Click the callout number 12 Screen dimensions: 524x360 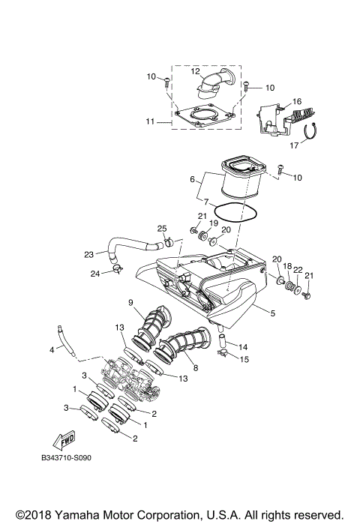(x=193, y=71)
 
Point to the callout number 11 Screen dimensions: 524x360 (x=150, y=121)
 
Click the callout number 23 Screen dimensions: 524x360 (x=88, y=253)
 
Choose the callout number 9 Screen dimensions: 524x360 (x=130, y=302)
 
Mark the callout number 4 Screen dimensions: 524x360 (x=52, y=350)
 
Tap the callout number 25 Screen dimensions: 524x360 (x=161, y=228)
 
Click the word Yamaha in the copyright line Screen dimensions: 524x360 (x=82, y=514)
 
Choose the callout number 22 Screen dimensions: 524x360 (x=297, y=270)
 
